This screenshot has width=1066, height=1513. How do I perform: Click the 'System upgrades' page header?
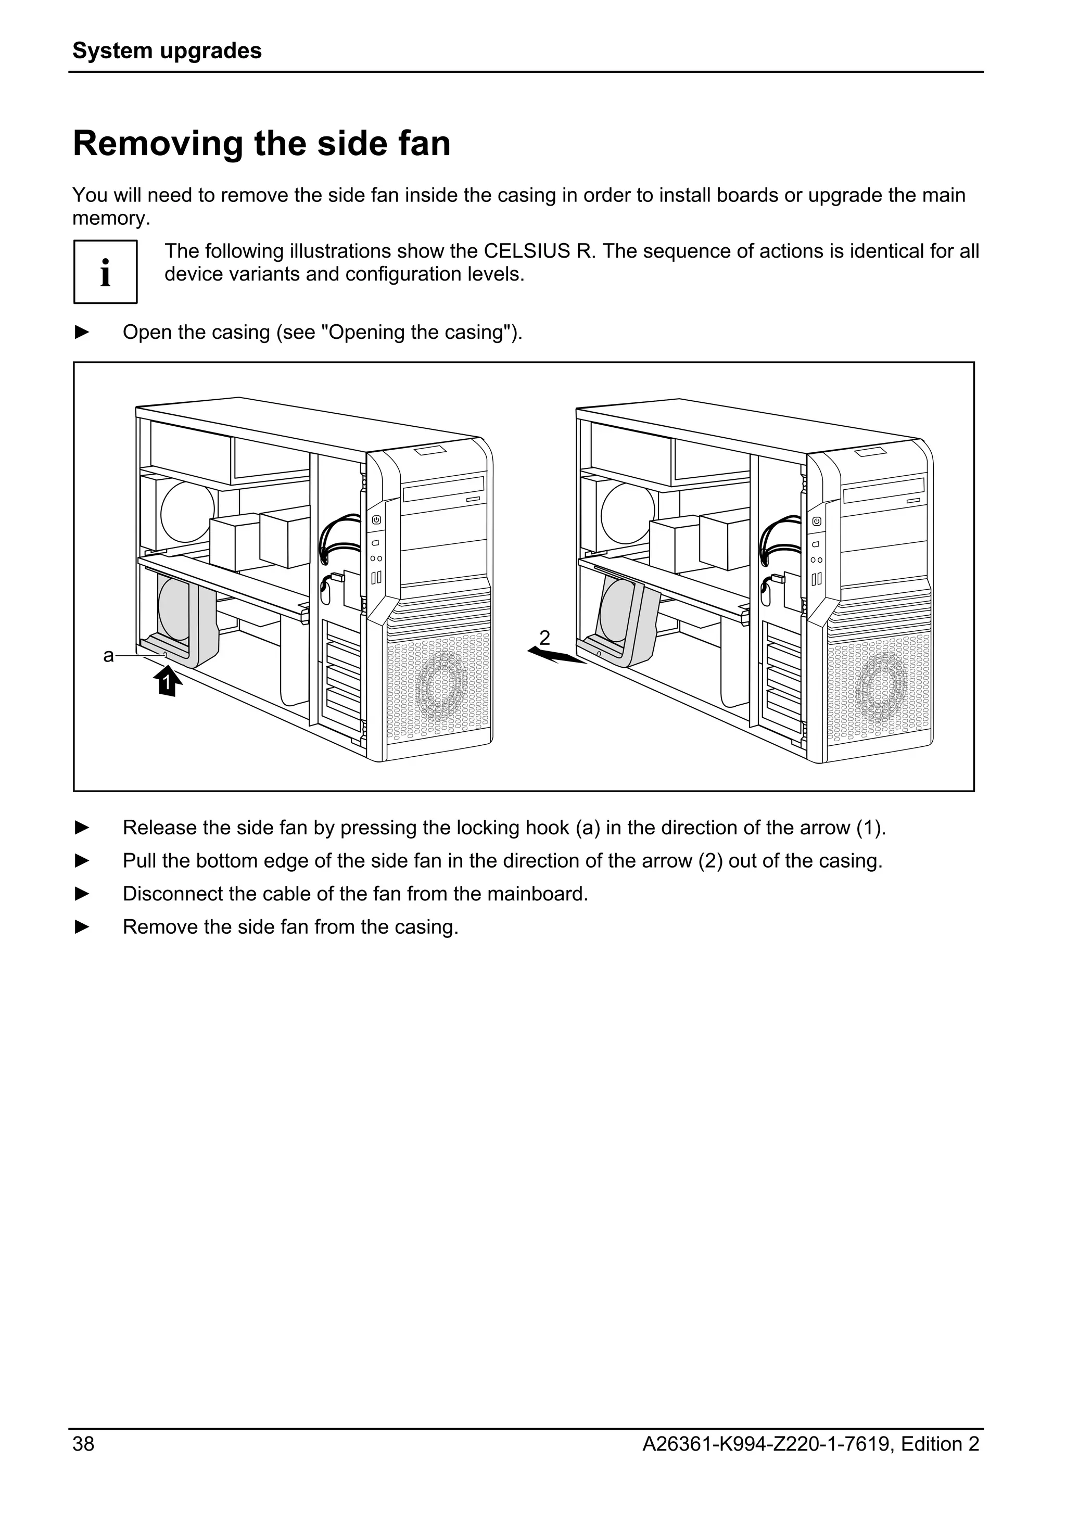(167, 50)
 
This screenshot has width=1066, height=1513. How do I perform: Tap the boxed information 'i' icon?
(106, 272)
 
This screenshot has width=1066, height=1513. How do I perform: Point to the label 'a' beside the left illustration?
(109, 656)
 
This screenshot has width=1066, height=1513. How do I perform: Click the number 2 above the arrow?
(544, 637)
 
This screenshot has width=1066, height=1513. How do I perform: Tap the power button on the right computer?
(816, 520)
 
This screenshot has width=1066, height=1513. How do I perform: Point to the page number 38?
(84, 1463)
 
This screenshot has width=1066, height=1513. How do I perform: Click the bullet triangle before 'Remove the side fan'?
(82, 926)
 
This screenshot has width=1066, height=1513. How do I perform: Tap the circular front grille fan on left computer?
(441, 685)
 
